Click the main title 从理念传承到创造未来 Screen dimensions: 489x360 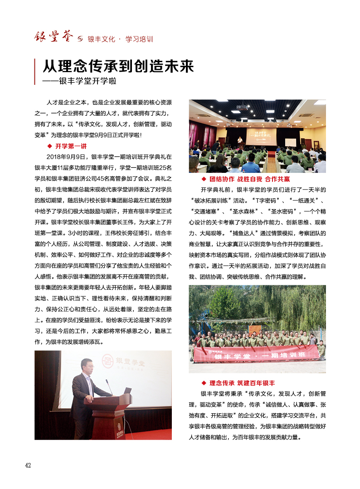tap(118, 67)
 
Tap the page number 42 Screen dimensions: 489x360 tap(28, 465)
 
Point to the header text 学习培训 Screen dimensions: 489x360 tap(139, 39)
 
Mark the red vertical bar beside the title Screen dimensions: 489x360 tap(35, 71)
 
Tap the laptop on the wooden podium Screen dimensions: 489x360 tap(128, 391)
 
